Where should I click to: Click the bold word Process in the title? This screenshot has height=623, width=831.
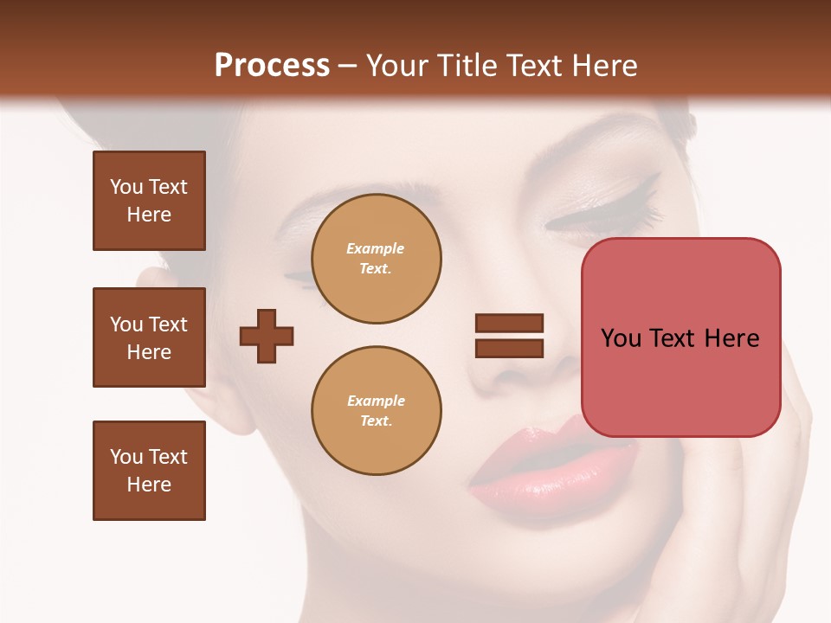(272, 66)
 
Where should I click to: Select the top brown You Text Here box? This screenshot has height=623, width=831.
(149, 201)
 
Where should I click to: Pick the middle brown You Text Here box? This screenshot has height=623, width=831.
(149, 337)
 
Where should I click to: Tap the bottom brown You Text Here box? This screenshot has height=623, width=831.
(149, 471)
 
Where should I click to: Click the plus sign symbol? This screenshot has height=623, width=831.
(267, 336)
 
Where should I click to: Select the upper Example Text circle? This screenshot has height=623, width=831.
(376, 259)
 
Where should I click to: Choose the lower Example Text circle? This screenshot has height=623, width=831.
(376, 411)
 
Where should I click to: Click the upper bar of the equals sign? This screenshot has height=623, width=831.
(509, 323)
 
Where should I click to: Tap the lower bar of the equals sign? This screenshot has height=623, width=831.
(509, 348)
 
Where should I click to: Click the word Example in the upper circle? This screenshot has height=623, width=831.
(376, 248)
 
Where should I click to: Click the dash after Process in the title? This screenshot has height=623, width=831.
(348, 66)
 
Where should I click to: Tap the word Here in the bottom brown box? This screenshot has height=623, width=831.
(149, 485)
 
